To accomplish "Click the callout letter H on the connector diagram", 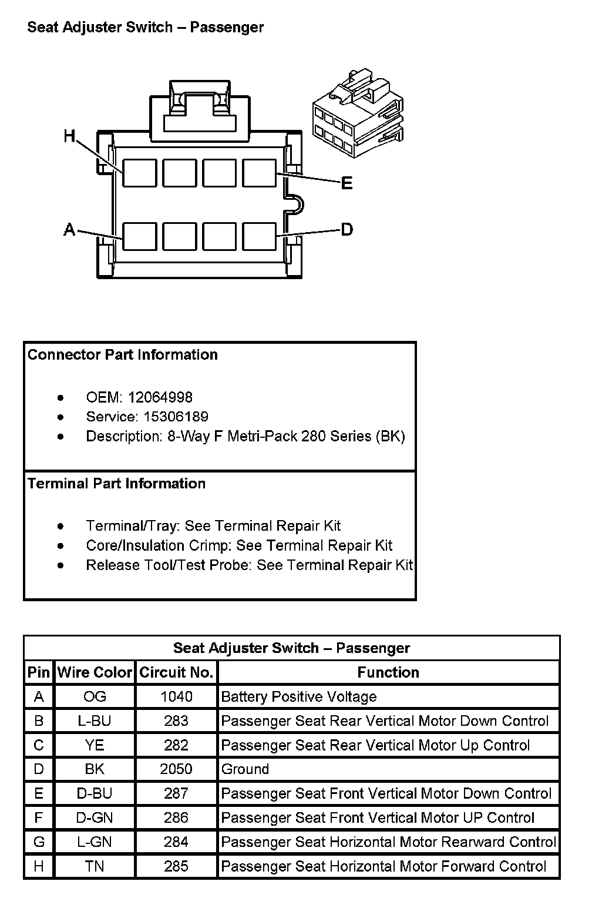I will pos(70,136).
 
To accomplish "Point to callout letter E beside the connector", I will pos(347,183).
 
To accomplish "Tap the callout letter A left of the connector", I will pos(69,230).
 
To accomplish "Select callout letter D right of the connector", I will pos(347,229).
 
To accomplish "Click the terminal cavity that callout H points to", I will pos(139,173).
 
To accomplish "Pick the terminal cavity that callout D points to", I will pos(259,236).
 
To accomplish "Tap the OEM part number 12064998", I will pos(160,397).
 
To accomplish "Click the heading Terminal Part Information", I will pos(117,484).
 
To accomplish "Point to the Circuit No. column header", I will pos(176,672).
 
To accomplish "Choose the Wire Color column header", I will pos(95,672).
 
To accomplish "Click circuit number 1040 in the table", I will pos(176,696).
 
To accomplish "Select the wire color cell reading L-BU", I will pos(95,721).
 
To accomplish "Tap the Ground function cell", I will pos(245,769).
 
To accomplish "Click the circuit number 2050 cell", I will pos(176,769).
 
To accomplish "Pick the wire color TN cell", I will pos(95,866).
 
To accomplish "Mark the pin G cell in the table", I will pos(39,842).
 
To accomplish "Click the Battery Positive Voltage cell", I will pos(299,697).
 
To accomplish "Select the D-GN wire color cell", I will pos(95,817).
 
